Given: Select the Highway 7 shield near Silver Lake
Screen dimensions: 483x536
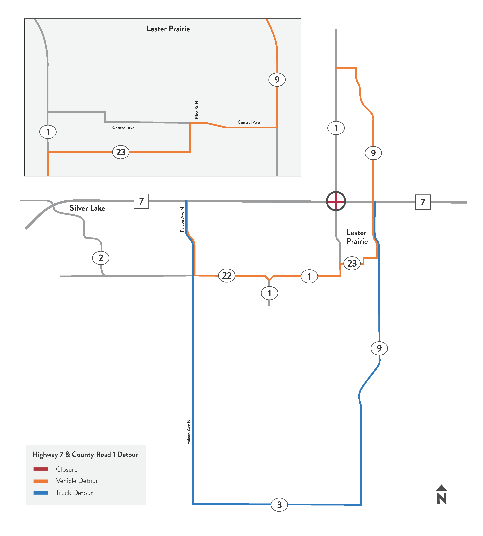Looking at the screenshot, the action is (x=141, y=201).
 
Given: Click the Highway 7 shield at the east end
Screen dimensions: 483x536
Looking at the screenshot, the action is (x=423, y=202).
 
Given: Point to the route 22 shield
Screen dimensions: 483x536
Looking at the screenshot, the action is (x=227, y=276).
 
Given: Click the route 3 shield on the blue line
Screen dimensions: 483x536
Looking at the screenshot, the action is (x=279, y=505).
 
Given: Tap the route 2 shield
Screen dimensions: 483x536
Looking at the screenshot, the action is (x=101, y=258).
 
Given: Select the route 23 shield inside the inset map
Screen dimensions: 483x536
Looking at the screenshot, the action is (x=121, y=152).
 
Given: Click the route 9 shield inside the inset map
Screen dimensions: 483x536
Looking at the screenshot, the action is (x=277, y=80).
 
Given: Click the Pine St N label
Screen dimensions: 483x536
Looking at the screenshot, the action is (x=197, y=110).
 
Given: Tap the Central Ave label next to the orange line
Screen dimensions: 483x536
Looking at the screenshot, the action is (x=249, y=122).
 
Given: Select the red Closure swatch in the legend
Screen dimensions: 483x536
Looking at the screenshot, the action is (x=41, y=469).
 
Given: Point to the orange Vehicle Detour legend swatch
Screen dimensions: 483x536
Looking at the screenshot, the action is (x=41, y=481).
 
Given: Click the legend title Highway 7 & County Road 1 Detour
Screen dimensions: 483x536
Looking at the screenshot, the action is (x=85, y=455).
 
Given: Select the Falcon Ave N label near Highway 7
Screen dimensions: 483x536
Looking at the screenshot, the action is (x=182, y=220).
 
